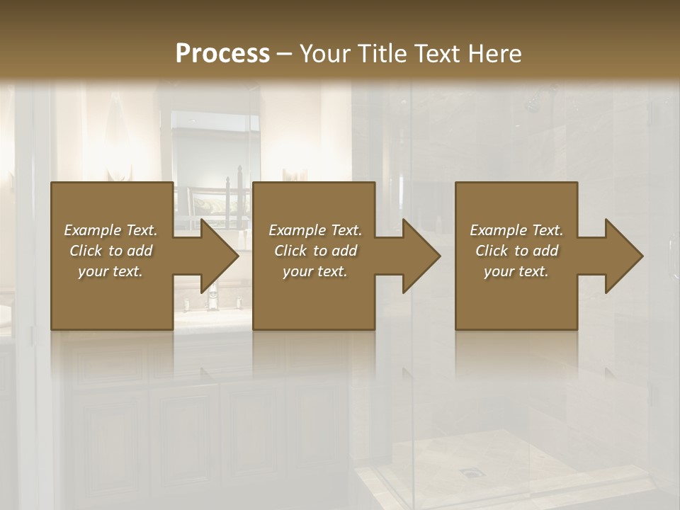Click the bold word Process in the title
pyautogui.click(x=222, y=54)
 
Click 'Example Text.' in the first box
pyautogui.click(x=110, y=230)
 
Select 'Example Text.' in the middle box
pyautogui.click(x=314, y=230)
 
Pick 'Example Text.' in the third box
pyautogui.click(x=516, y=230)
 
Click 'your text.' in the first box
pyautogui.click(x=110, y=271)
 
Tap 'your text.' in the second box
pyautogui.click(x=314, y=271)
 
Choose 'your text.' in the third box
pyautogui.click(x=516, y=271)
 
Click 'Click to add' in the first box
pyautogui.click(x=110, y=251)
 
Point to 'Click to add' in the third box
pyautogui.click(x=516, y=251)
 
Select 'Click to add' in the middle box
pyautogui.click(x=314, y=251)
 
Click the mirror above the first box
pyautogui.click(x=212, y=149)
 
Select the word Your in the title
pyautogui.click(x=323, y=54)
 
